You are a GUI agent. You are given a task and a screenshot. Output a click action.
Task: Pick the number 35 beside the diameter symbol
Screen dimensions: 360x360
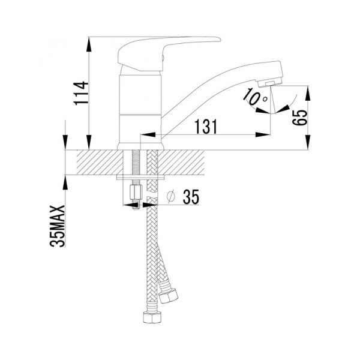tap(188, 196)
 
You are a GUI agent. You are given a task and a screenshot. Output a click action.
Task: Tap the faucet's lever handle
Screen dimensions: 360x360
tap(168, 48)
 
